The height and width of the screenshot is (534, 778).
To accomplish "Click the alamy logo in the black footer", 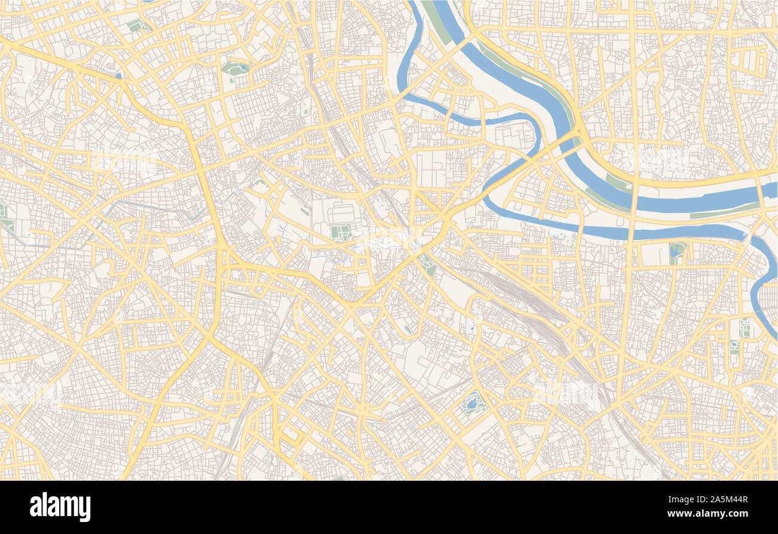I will pyautogui.click(x=60, y=507).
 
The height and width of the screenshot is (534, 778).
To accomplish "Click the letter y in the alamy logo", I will pyautogui.click(x=84, y=509).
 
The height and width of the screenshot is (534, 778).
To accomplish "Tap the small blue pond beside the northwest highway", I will pyautogui.click(x=118, y=76).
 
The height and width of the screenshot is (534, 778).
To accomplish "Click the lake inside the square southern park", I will pyautogui.click(x=472, y=402).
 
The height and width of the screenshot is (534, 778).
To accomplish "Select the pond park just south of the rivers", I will pyautogui.click(x=677, y=251).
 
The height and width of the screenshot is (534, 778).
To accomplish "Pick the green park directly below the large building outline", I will pyautogui.click(x=339, y=232).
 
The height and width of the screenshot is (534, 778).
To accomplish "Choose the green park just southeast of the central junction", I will pyautogui.click(x=427, y=263).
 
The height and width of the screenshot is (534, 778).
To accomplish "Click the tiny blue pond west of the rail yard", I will pyautogui.click(x=473, y=327).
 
